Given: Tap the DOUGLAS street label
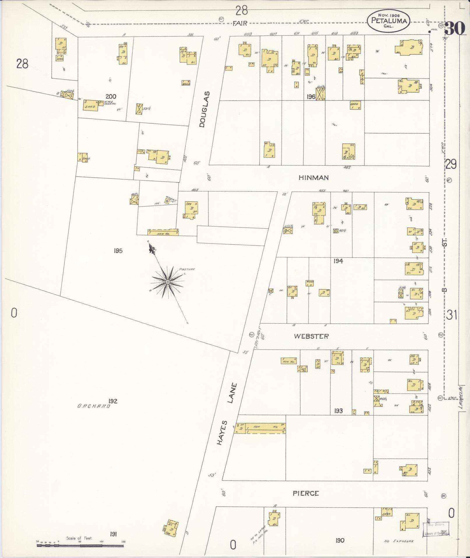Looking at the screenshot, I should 205,109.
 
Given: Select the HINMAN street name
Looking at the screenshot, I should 314,178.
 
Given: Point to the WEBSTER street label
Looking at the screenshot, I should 311,336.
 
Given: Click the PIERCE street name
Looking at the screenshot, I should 306,493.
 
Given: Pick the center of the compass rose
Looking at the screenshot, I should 168,282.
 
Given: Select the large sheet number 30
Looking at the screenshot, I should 455,28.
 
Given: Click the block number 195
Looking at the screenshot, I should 118,251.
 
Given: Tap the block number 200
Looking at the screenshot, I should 111,97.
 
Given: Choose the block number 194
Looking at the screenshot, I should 338,261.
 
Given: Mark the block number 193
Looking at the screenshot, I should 338,411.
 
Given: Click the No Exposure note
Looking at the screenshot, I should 399,541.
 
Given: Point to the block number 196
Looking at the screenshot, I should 311,97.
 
